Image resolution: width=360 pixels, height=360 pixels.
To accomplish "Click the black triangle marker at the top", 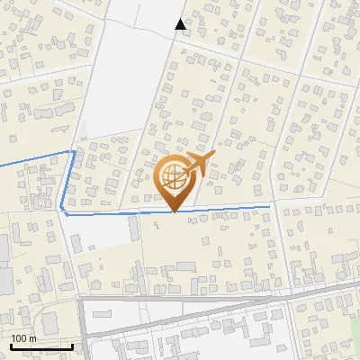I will click(181, 24).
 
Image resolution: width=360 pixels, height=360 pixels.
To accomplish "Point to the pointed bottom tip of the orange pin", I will click(174, 212).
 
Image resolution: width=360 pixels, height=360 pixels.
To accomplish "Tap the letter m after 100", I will click(32, 338).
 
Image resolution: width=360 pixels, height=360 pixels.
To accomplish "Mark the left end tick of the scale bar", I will click(11, 346).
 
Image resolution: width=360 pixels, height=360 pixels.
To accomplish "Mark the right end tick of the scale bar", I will click(73, 346).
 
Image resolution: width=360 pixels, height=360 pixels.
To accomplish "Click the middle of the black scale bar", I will click(41, 346).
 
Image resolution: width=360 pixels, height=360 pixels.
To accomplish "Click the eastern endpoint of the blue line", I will click(269, 206).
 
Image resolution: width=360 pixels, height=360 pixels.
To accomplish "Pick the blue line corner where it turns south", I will click(74, 152).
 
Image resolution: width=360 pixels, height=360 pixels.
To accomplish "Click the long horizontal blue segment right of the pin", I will click(225, 208).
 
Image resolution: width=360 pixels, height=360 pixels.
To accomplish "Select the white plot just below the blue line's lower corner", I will click(99, 232).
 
